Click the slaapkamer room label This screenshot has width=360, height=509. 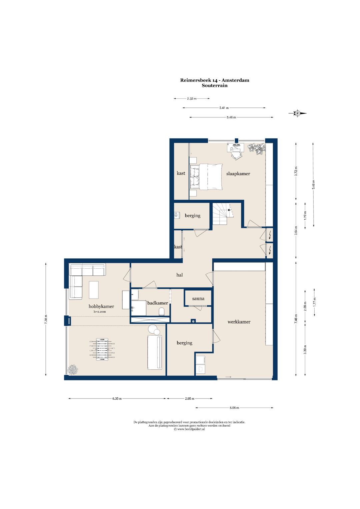point(238,174)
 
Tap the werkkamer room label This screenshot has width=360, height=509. point(239,322)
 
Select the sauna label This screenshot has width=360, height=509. point(198,299)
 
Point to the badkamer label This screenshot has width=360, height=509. point(157,303)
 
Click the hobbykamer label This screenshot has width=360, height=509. point(101,306)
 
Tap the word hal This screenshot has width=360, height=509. point(180,275)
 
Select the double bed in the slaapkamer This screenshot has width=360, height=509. point(206,177)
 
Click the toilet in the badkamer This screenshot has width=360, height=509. point(162,311)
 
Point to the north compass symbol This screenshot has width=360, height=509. point(297,113)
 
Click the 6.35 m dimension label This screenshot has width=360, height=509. point(117,399)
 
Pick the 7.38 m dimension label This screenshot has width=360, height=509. point(46,319)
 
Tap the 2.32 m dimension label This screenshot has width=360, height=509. point(192,99)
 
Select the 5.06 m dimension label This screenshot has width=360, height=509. point(234,408)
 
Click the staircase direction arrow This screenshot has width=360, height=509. point(229,210)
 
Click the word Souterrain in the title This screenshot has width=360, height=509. point(215,86)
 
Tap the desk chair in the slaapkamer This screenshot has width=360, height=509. point(237,155)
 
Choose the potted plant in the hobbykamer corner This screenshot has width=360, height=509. point(73,370)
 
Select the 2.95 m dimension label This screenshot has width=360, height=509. point(190,399)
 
